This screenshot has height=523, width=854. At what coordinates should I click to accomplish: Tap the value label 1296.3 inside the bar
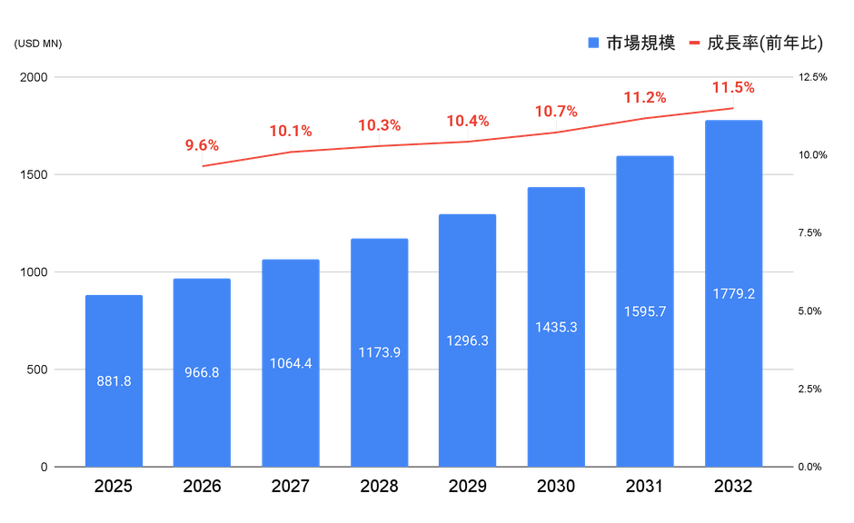[468, 340]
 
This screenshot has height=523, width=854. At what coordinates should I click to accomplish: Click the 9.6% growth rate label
[203, 145]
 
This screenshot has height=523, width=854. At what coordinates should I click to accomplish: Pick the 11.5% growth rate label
[733, 88]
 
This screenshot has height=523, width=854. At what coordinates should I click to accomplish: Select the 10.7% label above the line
[556, 112]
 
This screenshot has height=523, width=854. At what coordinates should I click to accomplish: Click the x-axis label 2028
[379, 488]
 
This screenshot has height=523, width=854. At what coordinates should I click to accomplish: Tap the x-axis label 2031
[645, 488]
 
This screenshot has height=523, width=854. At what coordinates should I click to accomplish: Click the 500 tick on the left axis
[38, 370]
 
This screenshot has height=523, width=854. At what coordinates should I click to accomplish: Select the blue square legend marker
[593, 44]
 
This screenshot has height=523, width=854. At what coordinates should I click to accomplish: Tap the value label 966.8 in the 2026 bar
[202, 371]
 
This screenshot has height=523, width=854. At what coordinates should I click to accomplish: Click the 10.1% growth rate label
[291, 132]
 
